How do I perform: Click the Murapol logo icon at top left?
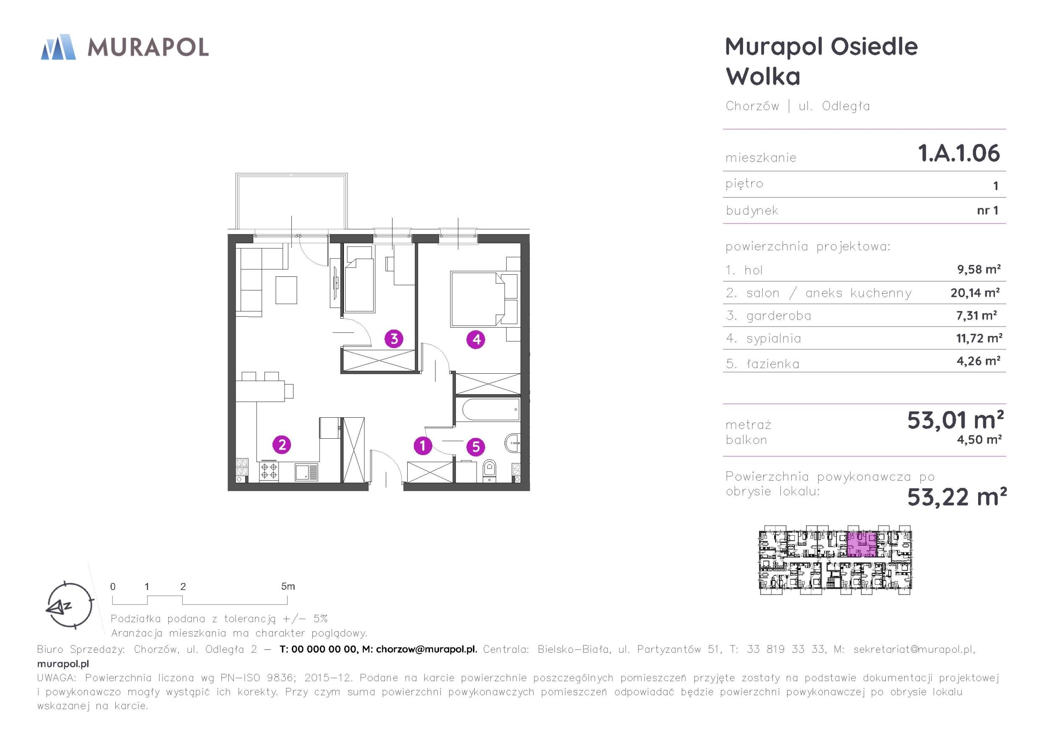pyautogui.click(x=58, y=47)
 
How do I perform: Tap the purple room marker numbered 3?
pyautogui.click(x=394, y=338)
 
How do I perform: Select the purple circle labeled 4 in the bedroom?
pyautogui.click(x=476, y=339)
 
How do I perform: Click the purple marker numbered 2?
pyautogui.click(x=281, y=445)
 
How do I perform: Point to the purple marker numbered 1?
pyautogui.click(x=423, y=446)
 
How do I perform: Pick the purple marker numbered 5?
pyautogui.click(x=476, y=447)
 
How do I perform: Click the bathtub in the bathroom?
pyautogui.click(x=488, y=409)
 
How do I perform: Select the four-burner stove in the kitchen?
pyautogui.click(x=269, y=471)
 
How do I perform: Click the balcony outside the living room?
pyautogui.click(x=291, y=201)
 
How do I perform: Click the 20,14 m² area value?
pyautogui.click(x=975, y=293)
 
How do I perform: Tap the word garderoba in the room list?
pyautogui.click(x=778, y=316)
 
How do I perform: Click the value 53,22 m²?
pyautogui.click(x=957, y=497)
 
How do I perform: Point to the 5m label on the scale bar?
pyautogui.click(x=288, y=586)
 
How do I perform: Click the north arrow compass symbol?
pyautogui.click(x=69, y=605)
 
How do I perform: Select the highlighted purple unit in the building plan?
pyautogui.click(x=861, y=544)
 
